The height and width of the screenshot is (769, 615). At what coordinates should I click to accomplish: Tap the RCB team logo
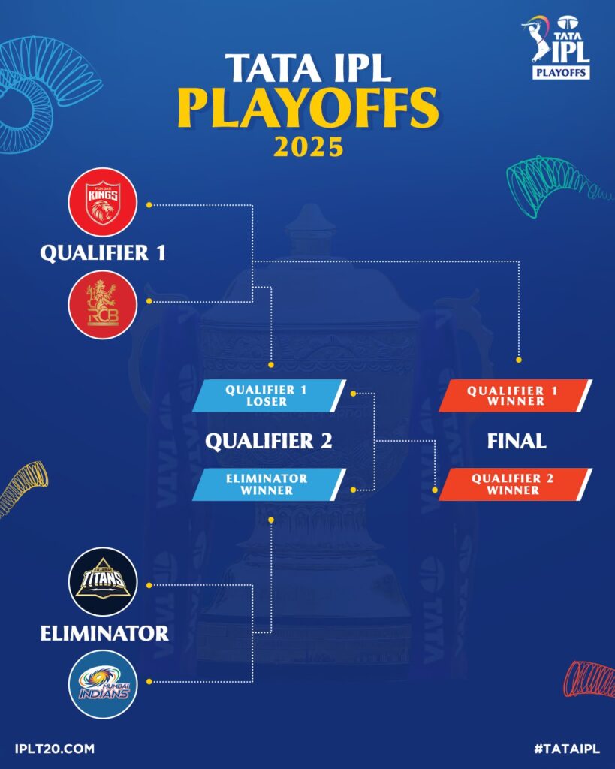pos(102,305)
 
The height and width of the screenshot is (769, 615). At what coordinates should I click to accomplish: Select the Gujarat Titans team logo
pos(103,582)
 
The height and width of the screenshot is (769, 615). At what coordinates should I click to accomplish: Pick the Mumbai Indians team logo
pos(103,684)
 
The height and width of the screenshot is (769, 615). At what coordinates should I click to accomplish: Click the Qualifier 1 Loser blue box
pos(269,395)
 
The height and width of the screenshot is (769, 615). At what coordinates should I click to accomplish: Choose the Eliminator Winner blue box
pos(269,484)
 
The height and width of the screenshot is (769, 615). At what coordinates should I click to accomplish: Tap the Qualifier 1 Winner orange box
pos(515,395)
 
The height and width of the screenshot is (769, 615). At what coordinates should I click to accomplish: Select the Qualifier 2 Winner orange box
pos(515,484)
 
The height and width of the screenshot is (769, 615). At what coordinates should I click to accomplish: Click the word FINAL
pos(517,441)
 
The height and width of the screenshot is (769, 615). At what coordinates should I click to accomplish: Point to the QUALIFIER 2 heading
pos(269,441)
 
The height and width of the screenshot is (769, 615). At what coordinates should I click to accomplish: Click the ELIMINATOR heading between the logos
pos(104,633)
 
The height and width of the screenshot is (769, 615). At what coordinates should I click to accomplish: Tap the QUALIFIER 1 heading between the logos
pos(103,253)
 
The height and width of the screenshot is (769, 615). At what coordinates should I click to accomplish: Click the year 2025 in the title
pos(309,146)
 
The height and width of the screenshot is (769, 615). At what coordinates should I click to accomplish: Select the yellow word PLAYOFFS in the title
pos(308,108)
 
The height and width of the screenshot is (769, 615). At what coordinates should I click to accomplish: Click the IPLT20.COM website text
pos(54,749)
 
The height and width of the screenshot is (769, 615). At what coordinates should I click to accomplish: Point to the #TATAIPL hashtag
pos(567,749)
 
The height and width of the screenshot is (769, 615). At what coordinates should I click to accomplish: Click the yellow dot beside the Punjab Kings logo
pos(149,204)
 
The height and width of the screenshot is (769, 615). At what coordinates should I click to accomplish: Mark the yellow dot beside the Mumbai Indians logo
pos(149,682)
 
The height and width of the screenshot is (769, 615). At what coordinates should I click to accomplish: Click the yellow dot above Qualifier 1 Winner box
pos(519,360)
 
